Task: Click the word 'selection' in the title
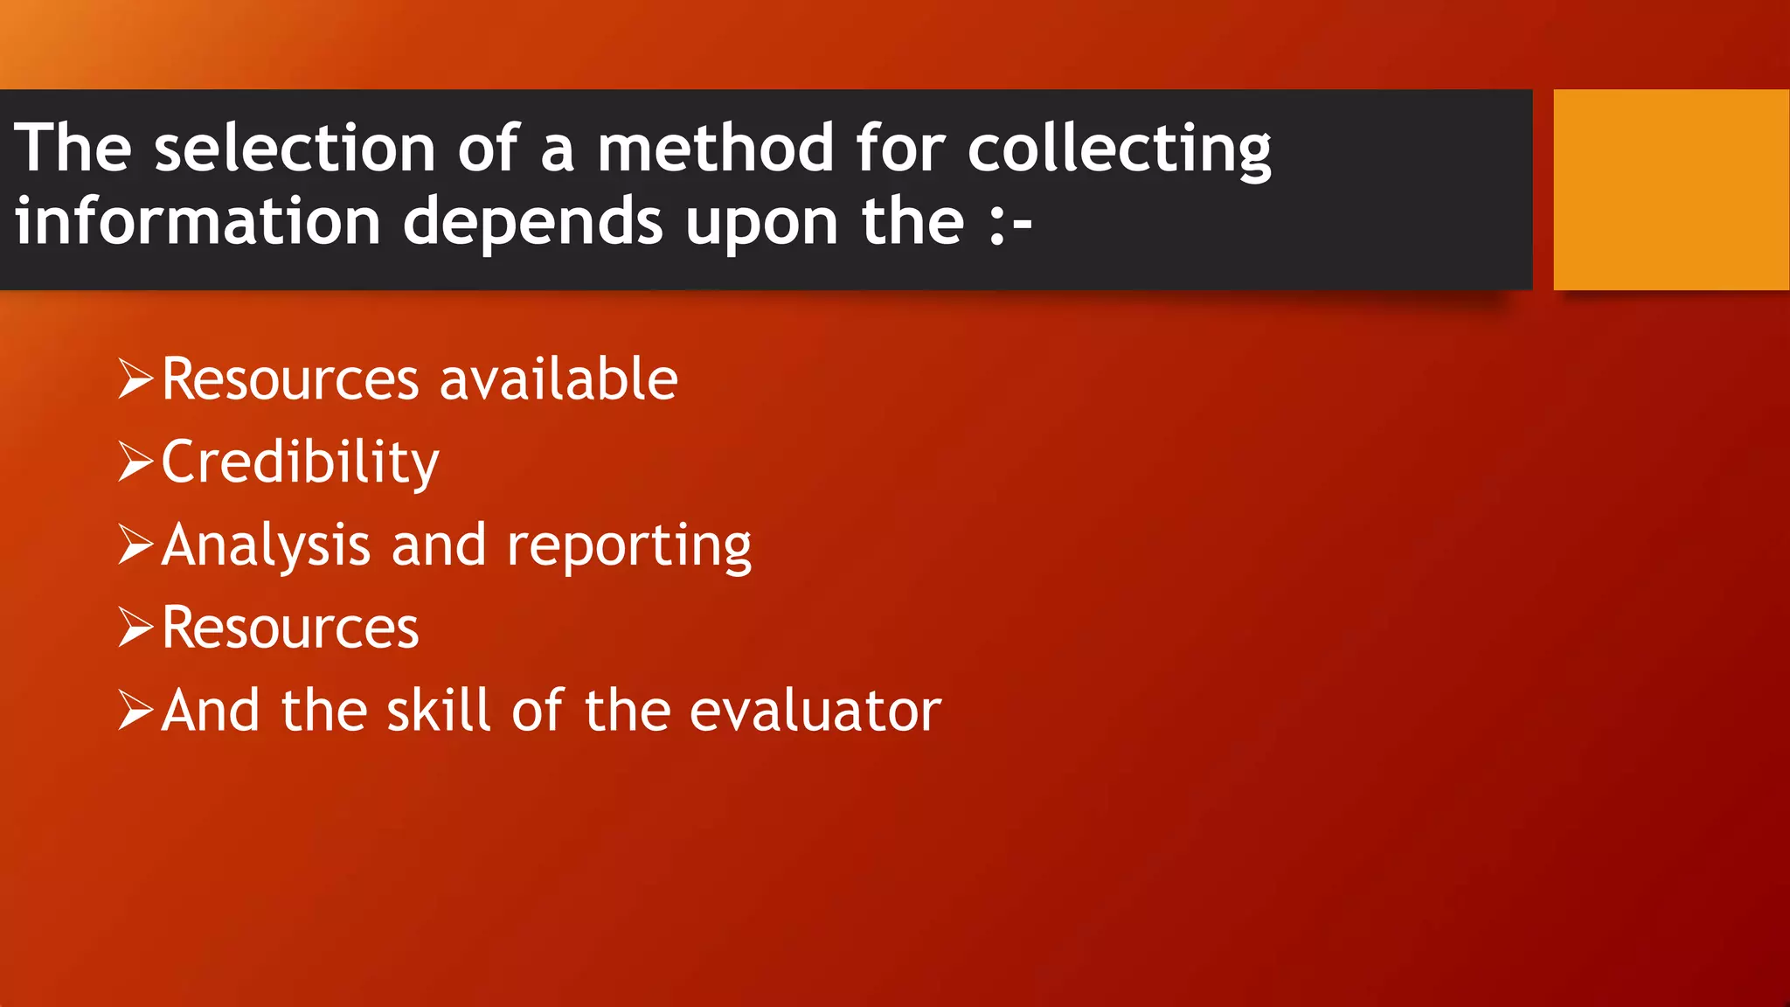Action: coord(295,148)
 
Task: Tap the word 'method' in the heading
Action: coord(715,148)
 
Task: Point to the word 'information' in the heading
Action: coord(198,221)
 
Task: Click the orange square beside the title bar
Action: coord(1671,189)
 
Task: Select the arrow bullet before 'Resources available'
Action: coord(135,379)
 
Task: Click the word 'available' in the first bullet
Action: coord(559,379)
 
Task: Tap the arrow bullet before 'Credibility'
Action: coord(135,462)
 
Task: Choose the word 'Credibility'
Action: coord(300,462)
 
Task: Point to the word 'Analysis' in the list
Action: coord(266,545)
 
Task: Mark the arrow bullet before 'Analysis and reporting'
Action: coord(135,545)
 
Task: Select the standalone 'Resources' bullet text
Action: coord(290,628)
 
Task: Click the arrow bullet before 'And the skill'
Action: coord(135,710)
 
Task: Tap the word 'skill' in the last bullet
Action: coord(438,710)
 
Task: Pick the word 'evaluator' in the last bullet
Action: coord(815,710)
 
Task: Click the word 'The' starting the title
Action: coord(73,148)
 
